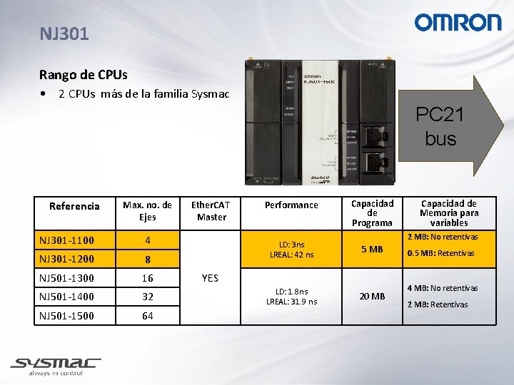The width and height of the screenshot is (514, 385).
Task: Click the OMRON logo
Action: pos(458,22)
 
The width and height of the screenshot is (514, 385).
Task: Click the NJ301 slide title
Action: pos(65,34)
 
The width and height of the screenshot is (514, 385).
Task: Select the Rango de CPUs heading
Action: pos(84,74)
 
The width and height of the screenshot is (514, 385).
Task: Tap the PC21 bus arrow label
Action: pos(440,126)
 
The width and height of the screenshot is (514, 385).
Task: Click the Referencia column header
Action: pos(74,206)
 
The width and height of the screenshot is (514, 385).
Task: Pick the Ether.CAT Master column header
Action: pos(211,211)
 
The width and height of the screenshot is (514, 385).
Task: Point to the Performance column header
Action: pos(291,205)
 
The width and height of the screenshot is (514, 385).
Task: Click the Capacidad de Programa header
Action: pos(372,213)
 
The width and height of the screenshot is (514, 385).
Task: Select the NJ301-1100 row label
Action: pos(66,240)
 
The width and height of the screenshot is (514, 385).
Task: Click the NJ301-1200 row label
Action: pos(66,258)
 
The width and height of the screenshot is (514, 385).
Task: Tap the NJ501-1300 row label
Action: pos(66,277)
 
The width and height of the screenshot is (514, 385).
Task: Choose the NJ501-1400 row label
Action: pos(66,296)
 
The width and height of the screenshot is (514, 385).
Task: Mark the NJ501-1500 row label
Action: pos(66,315)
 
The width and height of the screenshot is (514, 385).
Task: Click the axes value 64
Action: pos(147,316)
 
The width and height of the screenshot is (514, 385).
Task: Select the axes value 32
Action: pos(147,297)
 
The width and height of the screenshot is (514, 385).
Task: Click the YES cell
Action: pos(210,278)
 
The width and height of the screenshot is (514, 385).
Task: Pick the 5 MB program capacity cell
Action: pos(372,250)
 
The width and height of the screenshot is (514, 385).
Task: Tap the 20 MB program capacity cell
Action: pos(372,297)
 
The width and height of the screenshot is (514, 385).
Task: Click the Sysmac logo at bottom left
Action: pos(55,366)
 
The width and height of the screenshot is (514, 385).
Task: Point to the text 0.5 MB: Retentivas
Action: pos(440,253)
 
